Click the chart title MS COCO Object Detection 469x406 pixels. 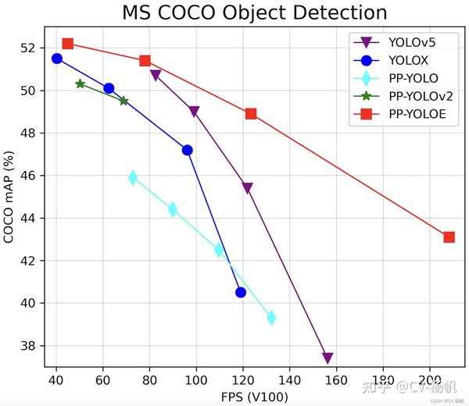tap(255, 12)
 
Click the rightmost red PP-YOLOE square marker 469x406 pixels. tap(449, 237)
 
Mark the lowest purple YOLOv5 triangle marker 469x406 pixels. tap(328, 358)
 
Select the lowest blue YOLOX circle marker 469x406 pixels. tap(241, 292)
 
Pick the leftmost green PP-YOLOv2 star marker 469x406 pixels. tap(81, 84)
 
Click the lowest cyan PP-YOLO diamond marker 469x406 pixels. tap(271, 318)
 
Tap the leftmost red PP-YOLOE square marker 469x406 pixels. tap(68, 44)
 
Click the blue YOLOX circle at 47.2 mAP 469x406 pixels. tap(188, 150)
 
